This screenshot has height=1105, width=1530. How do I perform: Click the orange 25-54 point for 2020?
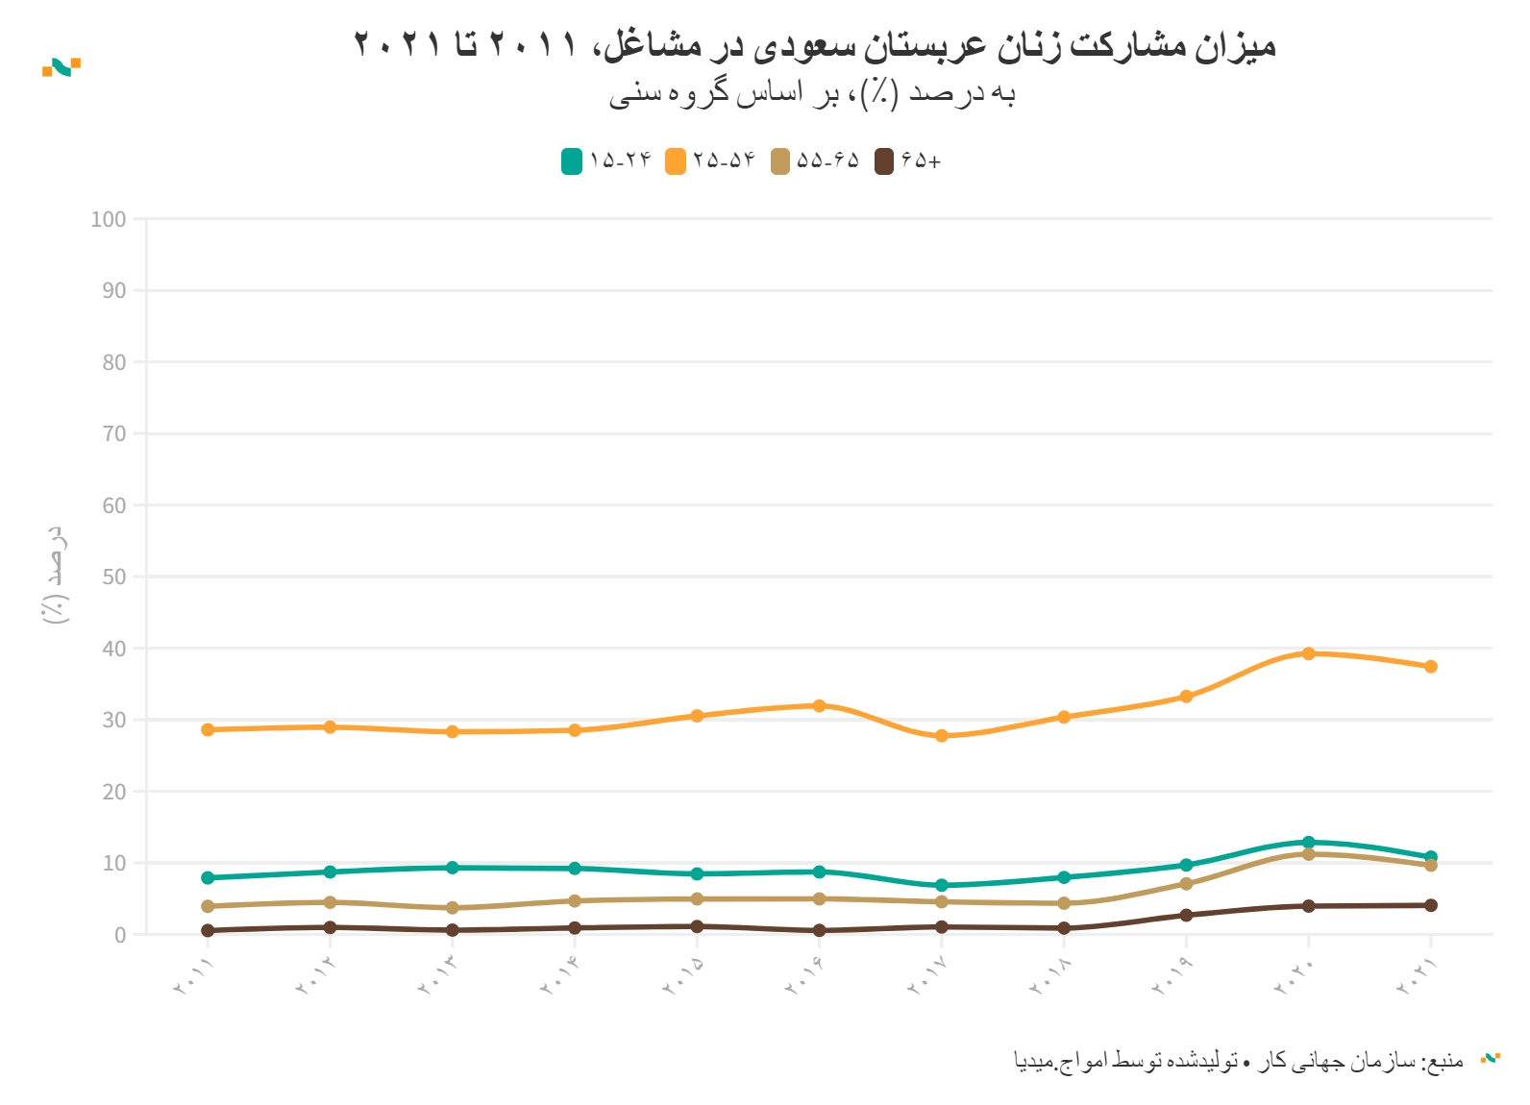click(x=1308, y=653)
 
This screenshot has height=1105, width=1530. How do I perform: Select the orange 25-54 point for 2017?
click(x=942, y=736)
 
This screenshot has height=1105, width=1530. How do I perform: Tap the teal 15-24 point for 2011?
click(x=208, y=877)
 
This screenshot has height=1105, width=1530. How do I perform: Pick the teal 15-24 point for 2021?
click(x=1430, y=857)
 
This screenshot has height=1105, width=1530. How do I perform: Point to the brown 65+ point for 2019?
click(x=1186, y=915)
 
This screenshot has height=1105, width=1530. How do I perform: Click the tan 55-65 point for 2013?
click(x=453, y=907)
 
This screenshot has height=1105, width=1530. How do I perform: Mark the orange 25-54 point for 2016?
click(x=820, y=705)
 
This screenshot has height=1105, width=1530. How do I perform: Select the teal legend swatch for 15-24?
click(x=572, y=161)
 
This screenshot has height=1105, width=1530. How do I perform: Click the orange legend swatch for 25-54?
click(x=676, y=161)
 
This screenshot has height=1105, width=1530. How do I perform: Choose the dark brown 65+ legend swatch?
click(x=884, y=161)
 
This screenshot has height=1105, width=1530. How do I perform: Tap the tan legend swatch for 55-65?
click(x=780, y=161)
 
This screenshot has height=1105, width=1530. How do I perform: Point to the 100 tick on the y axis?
click(x=109, y=219)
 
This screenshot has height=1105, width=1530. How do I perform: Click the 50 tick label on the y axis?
click(x=113, y=577)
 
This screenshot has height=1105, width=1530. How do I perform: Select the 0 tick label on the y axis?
click(x=120, y=935)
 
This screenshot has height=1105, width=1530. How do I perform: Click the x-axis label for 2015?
click(x=684, y=976)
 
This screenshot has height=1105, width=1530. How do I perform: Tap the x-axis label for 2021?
click(x=1418, y=976)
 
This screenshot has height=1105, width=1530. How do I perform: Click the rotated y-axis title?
click(x=56, y=575)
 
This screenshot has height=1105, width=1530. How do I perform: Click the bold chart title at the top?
click(x=815, y=44)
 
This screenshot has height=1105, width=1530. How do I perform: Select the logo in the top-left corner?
click(x=62, y=67)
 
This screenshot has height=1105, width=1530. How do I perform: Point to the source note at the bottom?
click(x=1240, y=1061)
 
